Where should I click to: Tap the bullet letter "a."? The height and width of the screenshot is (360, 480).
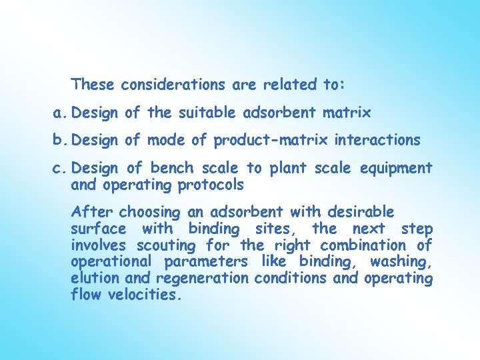(x=61, y=113)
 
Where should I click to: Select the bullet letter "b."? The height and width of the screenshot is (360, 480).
(x=61, y=141)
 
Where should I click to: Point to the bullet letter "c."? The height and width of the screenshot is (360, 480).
(x=61, y=169)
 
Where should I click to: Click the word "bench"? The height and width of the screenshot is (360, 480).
(x=171, y=169)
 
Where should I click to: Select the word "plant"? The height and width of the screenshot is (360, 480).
(x=289, y=169)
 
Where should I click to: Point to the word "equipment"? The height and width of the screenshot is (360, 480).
(x=397, y=169)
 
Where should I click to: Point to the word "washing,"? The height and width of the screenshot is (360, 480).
(x=401, y=261)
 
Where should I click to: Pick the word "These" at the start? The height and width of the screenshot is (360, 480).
(x=93, y=85)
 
